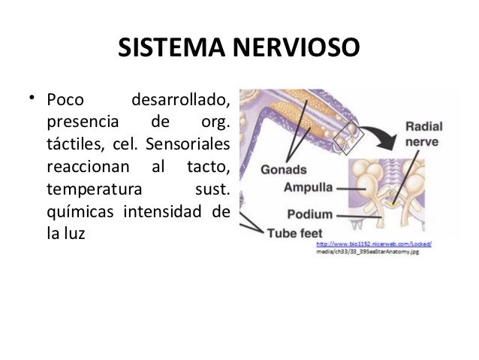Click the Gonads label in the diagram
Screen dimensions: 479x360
click(283, 169)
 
